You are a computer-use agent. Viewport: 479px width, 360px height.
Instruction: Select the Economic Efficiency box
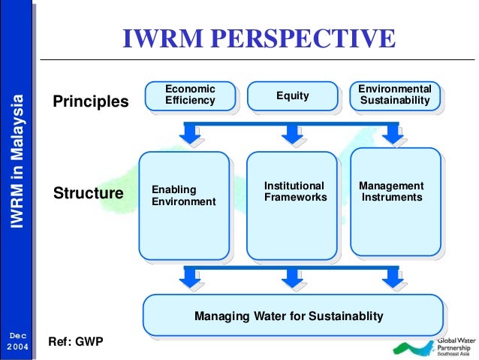tap(190, 95)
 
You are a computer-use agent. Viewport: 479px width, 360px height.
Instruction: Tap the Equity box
tap(292, 95)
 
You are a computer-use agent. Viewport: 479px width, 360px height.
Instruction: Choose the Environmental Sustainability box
tap(394, 95)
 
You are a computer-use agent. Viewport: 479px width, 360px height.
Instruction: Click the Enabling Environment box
tap(184, 204)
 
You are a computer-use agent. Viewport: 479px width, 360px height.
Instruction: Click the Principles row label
tap(91, 101)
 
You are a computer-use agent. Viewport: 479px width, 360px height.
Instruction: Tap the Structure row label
tap(89, 194)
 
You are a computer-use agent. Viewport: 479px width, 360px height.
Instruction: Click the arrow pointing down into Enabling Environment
tap(191, 134)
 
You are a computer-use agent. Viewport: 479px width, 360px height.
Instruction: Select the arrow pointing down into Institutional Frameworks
tap(291, 134)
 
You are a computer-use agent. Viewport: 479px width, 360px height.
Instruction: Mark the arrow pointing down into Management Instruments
tap(390, 134)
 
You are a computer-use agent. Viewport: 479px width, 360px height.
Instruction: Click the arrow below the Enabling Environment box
tap(191, 278)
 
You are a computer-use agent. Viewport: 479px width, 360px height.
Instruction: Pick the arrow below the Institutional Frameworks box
tap(291, 278)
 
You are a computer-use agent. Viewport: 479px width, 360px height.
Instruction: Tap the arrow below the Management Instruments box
tap(390, 278)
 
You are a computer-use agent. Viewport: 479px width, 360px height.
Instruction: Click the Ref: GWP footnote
tap(75, 341)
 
